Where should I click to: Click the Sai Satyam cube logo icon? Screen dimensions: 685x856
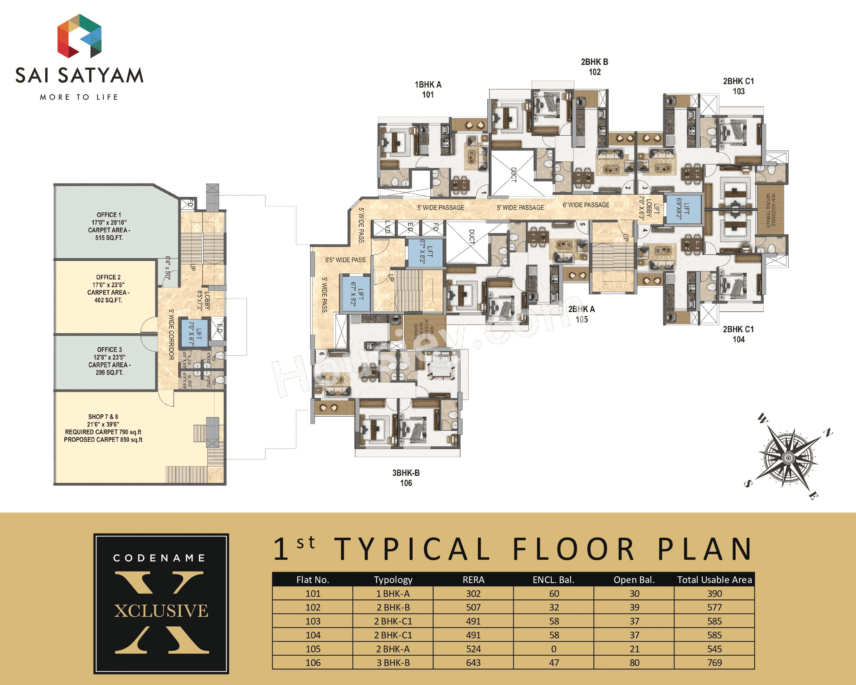(79, 36)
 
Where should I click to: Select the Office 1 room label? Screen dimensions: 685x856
(109, 226)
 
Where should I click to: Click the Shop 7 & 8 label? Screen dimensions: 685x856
(103, 428)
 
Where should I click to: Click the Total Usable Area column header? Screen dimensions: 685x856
(714, 580)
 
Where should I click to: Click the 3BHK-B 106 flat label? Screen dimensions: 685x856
(406, 478)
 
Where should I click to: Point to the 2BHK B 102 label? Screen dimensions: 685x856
(594, 67)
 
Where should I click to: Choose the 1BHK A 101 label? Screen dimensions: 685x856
(428, 89)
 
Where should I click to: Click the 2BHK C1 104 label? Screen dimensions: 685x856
(738, 334)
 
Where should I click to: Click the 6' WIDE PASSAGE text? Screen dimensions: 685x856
(586, 205)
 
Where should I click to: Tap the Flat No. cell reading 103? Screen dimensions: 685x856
(313, 621)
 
